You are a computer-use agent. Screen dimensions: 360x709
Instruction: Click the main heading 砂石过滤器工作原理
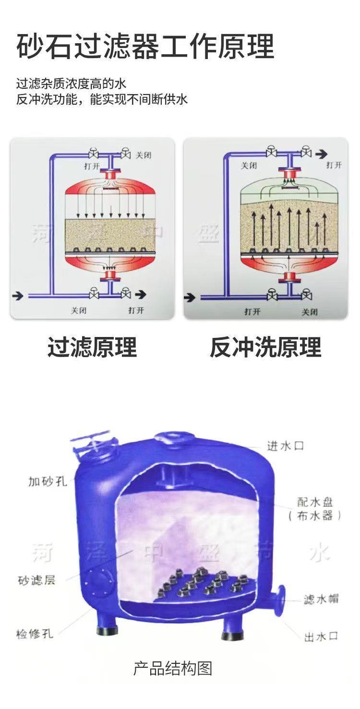tap(145, 47)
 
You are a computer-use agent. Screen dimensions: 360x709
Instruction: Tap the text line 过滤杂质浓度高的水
tap(71, 84)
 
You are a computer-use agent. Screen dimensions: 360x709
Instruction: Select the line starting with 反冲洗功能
tap(102, 100)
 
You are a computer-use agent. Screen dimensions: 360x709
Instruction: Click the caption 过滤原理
tap(92, 347)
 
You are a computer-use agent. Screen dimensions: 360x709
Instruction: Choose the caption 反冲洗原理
tap(265, 347)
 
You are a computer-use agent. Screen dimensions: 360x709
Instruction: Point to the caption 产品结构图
tap(172, 668)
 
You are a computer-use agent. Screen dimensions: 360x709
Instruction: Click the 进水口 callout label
tap(286, 446)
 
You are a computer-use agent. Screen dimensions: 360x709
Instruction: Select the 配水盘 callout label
tap(315, 502)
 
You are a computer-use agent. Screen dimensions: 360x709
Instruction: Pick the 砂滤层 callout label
tap(37, 580)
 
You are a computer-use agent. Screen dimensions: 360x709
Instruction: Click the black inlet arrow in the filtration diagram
tap(18, 295)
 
